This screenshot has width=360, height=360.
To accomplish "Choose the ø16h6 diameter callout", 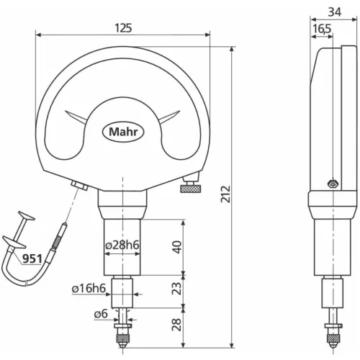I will pos(91,289).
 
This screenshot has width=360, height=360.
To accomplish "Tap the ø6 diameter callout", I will pos(101,313).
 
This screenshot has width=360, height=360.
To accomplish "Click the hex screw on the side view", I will pos(330,184).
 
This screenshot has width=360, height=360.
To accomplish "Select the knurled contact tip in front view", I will pos(124,336).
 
